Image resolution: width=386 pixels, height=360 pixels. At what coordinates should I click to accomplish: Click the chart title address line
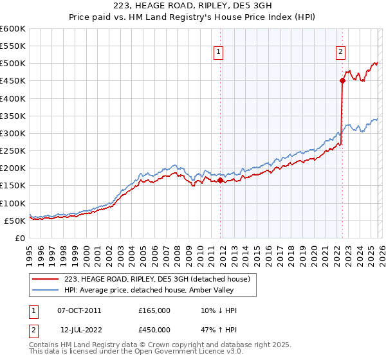tap(192, 6)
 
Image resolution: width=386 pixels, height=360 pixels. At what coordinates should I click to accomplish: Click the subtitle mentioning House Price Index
tap(192, 17)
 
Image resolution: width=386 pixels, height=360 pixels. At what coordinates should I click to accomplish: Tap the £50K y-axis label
tap(15, 221)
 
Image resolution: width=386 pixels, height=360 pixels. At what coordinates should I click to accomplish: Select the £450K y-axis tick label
tap(13, 81)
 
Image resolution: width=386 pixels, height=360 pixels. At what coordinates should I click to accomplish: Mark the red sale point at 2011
tap(220, 181)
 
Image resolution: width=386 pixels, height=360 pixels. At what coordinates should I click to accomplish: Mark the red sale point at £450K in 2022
tap(342, 81)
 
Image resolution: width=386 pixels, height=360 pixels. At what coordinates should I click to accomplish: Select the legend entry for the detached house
tap(161, 278)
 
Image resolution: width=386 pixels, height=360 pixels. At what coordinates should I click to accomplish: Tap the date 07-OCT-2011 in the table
tap(79, 310)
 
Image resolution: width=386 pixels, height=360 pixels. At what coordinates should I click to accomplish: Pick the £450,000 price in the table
tap(154, 330)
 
